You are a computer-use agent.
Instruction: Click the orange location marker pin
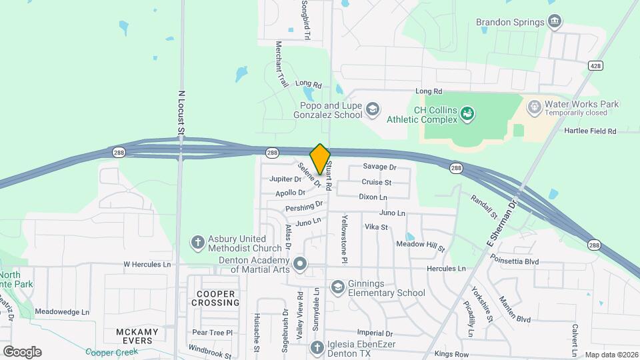[x=320, y=159]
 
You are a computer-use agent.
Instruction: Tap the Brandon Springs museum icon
[x=554, y=22]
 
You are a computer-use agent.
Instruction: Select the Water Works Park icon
[x=534, y=107]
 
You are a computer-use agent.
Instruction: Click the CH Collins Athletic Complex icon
[x=468, y=114]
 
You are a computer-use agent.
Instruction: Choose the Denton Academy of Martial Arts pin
[x=300, y=264]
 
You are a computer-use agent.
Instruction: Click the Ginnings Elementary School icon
[x=338, y=287]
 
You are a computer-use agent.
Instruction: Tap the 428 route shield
[x=596, y=65]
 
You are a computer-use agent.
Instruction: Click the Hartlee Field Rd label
[x=590, y=131]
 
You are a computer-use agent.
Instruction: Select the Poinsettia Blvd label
[x=514, y=262]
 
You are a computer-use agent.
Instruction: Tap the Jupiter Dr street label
[x=285, y=179]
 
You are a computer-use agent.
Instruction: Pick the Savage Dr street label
[x=379, y=167]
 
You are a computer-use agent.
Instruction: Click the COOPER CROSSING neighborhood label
[x=215, y=298]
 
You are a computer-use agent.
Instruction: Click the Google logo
[x=22, y=352]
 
